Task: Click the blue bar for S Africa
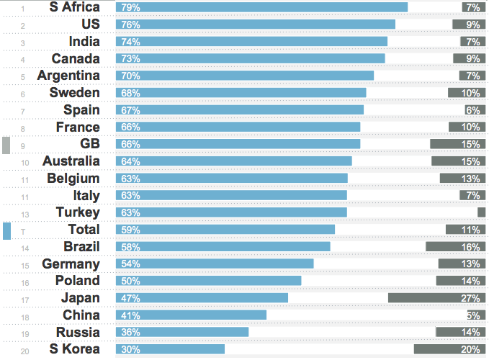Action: tap(261, 7)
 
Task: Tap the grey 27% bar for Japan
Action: tap(436, 298)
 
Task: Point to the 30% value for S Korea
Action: tap(131, 349)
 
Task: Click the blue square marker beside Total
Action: tap(6, 230)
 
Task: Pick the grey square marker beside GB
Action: tap(6, 145)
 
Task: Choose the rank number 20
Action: tap(24, 351)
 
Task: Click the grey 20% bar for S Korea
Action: tap(449, 349)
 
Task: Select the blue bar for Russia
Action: tap(181, 332)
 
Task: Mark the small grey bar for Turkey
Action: tap(482, 212)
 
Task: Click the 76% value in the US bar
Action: tap(131, 24)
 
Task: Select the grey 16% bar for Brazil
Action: tap(455, 247)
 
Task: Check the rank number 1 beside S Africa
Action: tap(24, 9)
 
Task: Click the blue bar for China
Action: tap(191, 315)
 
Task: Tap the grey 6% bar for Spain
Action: tap(473, 110)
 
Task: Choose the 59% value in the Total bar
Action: tap(131, 230)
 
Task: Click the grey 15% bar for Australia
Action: tap(459, 161)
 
